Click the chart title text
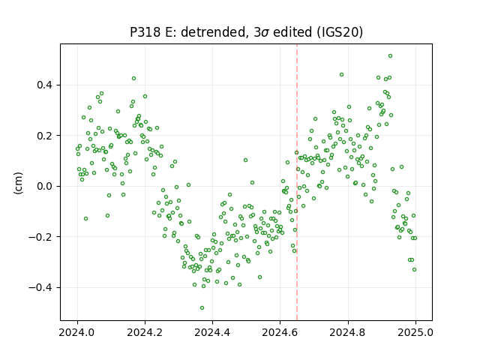(247, 32)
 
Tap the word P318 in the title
(145, 32)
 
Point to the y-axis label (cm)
(18, 183)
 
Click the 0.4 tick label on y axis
(46, 85)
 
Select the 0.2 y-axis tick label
(46, 136)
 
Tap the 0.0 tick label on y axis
(46, 186)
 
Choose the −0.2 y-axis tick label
(42, 237)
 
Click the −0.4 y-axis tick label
(42, 287)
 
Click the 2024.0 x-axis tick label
(77, 332)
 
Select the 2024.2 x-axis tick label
(145, 332)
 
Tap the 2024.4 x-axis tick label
(212, 332)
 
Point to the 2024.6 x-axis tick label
(280, 332)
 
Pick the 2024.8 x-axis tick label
(347, 332)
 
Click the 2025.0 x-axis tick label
(415, 332)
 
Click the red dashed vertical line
(297, 182)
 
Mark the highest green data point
(390, 56)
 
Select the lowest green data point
(202, 308)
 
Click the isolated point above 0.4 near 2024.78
(342, 75)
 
